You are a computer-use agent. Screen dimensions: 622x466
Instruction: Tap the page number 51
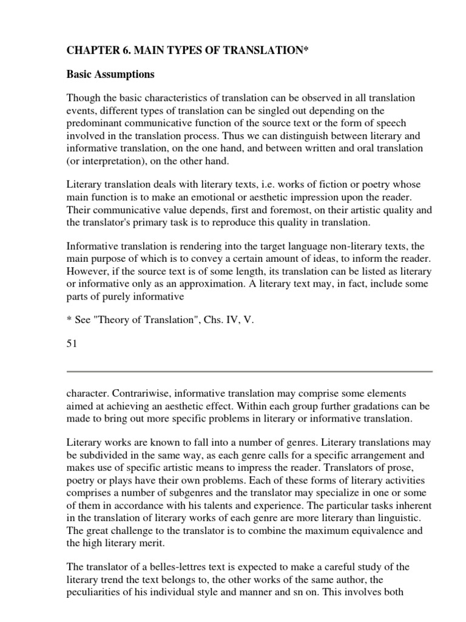click(72, 344)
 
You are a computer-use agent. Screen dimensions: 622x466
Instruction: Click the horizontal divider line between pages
click(249, 371)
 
